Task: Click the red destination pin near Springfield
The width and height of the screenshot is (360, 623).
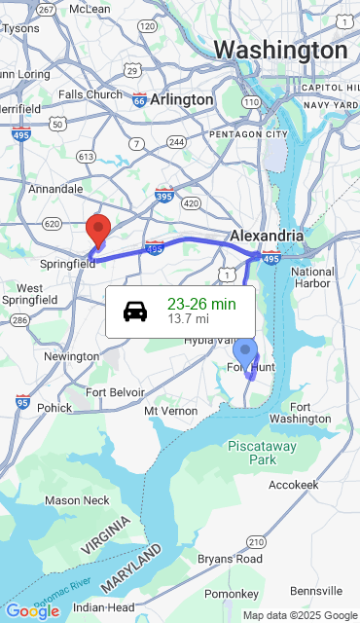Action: [x=97, y=231]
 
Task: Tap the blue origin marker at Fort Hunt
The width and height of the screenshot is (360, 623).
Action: [x=246, y=352]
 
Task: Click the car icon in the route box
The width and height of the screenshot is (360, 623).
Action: [x=135, y=311]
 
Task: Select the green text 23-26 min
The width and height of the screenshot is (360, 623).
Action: [x=201, y=304]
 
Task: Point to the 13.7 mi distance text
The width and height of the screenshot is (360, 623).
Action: [x=188, y=318]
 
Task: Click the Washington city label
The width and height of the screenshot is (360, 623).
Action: [x=280, y=51]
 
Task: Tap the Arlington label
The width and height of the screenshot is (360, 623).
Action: [x=182, y=99]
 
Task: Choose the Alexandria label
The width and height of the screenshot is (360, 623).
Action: [x=267, y=236]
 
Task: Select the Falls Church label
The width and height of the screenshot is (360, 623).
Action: [x=90, y=94]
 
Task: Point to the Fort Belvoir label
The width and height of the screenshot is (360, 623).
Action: [x=115, y=392]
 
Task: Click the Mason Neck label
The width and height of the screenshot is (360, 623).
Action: [x=77, y=500]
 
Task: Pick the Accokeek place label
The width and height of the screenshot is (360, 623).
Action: [x=293, y=484]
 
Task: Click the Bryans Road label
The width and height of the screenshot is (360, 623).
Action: [x=230, y=559]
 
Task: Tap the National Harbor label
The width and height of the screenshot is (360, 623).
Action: [x=312, y=277]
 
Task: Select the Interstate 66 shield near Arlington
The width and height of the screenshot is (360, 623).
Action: [x=140, y=99]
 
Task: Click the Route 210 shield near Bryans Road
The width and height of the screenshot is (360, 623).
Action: [x=256, y=541]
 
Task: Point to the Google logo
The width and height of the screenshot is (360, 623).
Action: [x=32, y=611]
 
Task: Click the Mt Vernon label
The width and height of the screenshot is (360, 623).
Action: [x=170, y=412]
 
